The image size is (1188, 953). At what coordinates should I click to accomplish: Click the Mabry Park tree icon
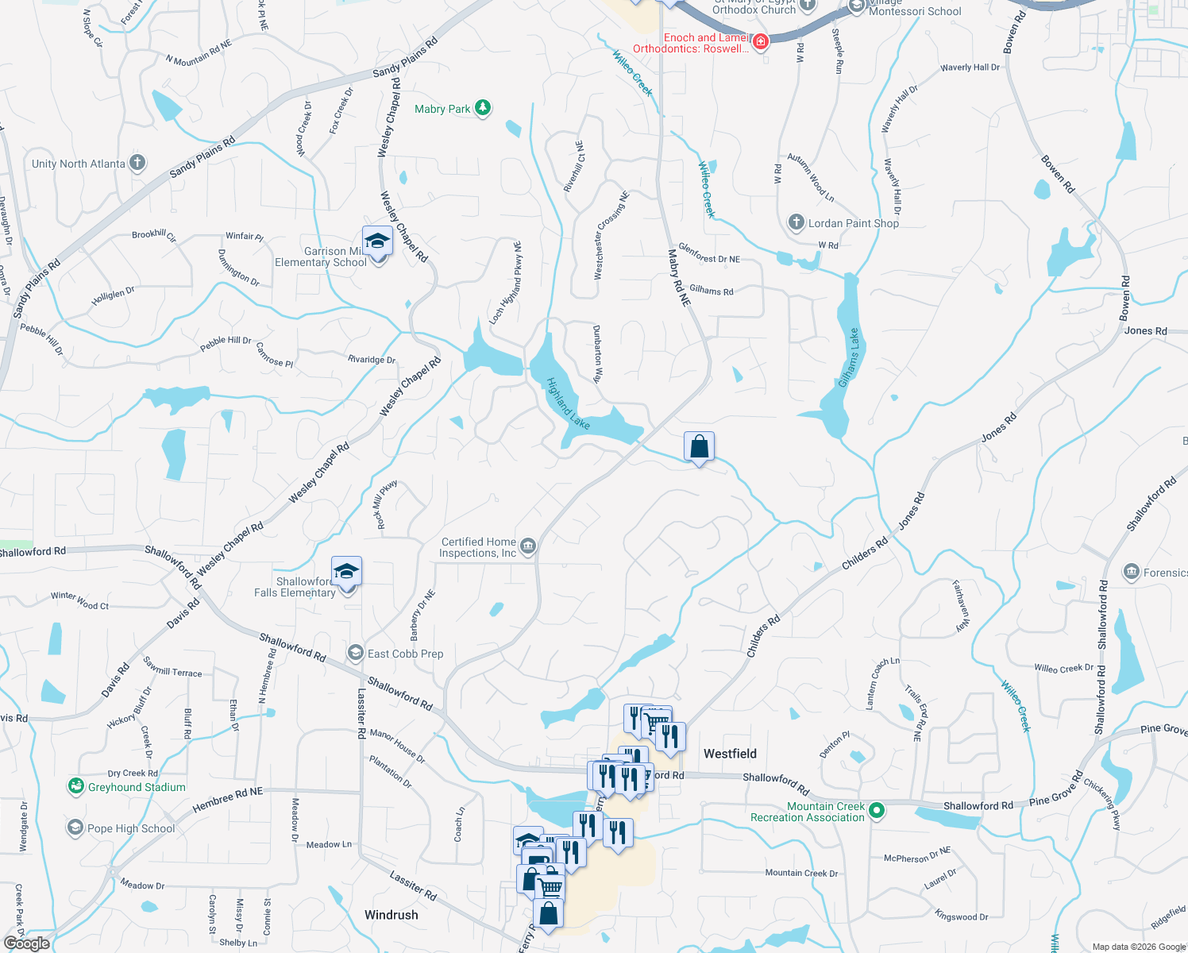(x=483, y=108)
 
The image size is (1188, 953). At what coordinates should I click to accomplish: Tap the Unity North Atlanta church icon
(x=137, y=164)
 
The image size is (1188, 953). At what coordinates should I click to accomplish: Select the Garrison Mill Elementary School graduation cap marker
(x=377, y=241)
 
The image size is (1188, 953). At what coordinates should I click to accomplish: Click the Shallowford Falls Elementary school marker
(x=346, y=572)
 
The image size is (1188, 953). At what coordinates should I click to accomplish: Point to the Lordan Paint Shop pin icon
(x=796, y=222)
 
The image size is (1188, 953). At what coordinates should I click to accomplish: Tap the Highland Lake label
(x=568, y=403)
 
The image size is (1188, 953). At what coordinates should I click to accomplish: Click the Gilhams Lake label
(x=849, y=358)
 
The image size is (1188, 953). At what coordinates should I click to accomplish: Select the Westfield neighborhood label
(x=730, y=754)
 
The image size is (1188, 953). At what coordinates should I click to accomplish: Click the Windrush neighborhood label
(x=391, y=915)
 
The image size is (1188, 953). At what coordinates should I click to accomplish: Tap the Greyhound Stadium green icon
(x=76, y=786)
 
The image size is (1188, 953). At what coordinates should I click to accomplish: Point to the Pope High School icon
(x=75, y=828)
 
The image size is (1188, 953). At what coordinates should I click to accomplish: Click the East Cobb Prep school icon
(x=356, y=653)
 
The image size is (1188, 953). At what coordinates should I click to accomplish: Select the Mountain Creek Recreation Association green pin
(x=877, y=811)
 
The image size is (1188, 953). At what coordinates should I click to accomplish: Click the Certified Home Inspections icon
(x=528, y=546)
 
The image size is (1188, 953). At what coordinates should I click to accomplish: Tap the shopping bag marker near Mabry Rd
(x=699, y=446)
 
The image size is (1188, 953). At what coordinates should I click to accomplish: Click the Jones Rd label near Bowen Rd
(x=1145, y=330)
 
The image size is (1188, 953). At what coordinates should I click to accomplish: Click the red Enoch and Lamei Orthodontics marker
(x=760, y=41)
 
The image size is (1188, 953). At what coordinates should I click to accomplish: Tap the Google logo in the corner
(x=26, y=943)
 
